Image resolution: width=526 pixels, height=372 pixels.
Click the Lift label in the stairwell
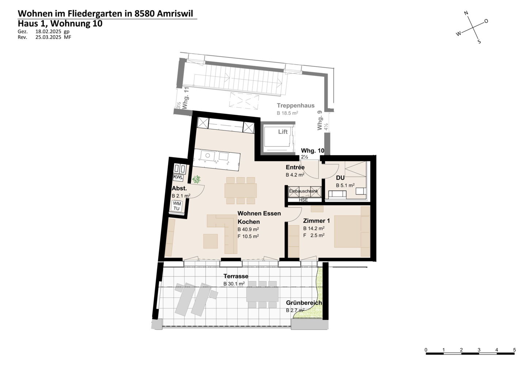pyautogui.click(x=283, y=132)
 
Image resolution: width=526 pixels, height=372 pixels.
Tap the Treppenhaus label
pyautogui.click(x=296, y=106)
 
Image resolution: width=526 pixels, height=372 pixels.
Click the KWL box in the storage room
pyautogui.click(x=178, y=178)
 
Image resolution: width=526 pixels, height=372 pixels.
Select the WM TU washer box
pyautogui.click(x=176, y=206)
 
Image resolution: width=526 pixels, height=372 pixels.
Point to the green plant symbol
pyautogui.click(x=197, y=179)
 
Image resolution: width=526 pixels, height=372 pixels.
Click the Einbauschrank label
pyautogui.click(x=304, y=191)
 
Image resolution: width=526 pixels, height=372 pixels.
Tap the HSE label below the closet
pyautogui.click(x=303, y=200)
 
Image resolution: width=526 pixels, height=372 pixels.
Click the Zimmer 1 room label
pyautogui.click(x=316, y=221)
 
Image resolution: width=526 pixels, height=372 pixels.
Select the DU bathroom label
pyautogui.click(x=340, y=178)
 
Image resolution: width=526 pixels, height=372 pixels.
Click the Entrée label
pyautogui.click(x=295, y=167)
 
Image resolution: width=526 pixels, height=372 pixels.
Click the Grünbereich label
pyautogui.click(x=304, y=303)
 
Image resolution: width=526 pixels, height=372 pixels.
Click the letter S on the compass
pyautogui.click(x=479, y=42)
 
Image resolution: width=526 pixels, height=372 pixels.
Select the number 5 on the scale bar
pyautogui.click(x=514, y=350)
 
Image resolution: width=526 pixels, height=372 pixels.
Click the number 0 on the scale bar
pyautogui.click(x=426, y=350)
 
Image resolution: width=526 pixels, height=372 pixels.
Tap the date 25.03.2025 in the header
pyautogui.click(x=48, y=37)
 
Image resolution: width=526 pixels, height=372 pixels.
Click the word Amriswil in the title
pyautogui.click(x=175, y=14)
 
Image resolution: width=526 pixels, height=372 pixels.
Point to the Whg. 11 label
pyautogui.click(x=186, y=98)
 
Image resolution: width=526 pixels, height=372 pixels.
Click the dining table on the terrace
pyautogui.click(x=262, y=295)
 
